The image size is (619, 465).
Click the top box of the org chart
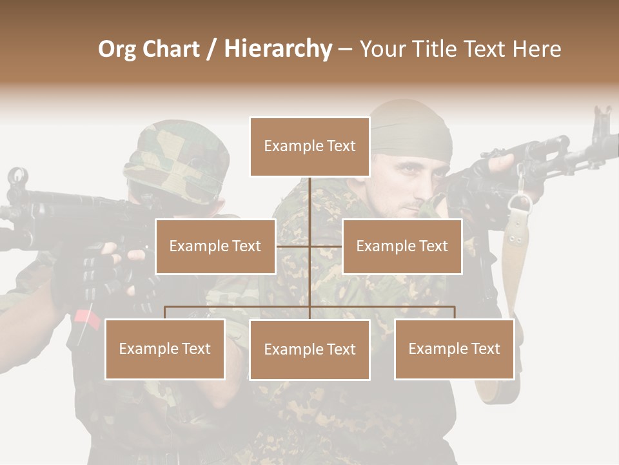309,147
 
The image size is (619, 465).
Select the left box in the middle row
215,246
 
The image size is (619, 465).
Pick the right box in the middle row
402,246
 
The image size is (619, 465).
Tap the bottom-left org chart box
164,349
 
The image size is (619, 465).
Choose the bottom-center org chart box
309,349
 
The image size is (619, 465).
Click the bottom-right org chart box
454,349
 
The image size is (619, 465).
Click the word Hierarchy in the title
278,49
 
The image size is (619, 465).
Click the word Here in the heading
537,49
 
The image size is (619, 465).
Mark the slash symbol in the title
210,50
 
